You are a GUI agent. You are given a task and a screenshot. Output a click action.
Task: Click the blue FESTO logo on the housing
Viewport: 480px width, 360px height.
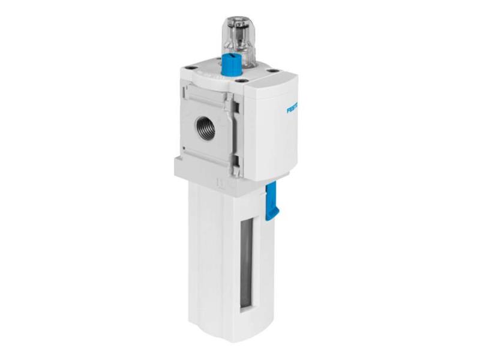click(x=293, y=109)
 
